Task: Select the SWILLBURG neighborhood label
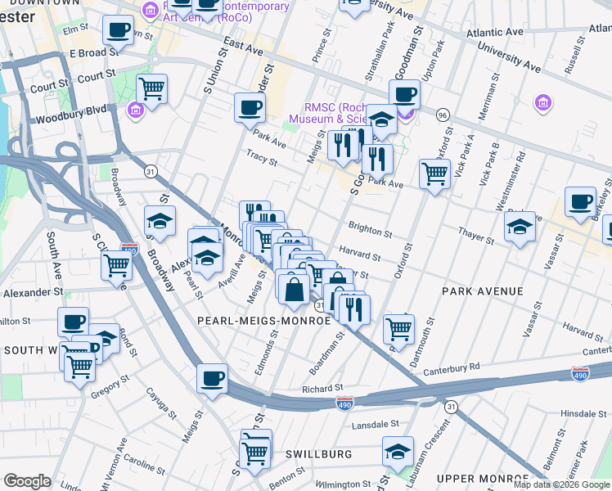pyautogui.click(x=319, y=453)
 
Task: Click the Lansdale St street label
pyautogui.click(x=375, y=425)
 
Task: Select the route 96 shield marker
pyautogui.click(x=443, y=114)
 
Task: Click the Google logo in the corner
pyautogui.click(x=27, y=481)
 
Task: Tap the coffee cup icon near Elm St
pyautogui.click(x=118, y=31)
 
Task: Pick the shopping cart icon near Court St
pyautogui.click(x=151, y=88)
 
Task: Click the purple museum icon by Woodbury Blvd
pyautogui.click(x=136, y=109)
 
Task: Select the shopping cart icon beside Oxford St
pyautogui.click(x=434, y=172)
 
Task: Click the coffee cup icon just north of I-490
pyautogui.click(x=213, y=378)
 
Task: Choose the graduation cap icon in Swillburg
pyautogui.click(x=398, y=451)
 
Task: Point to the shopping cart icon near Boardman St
pyautogui.click(x=398, y=328)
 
